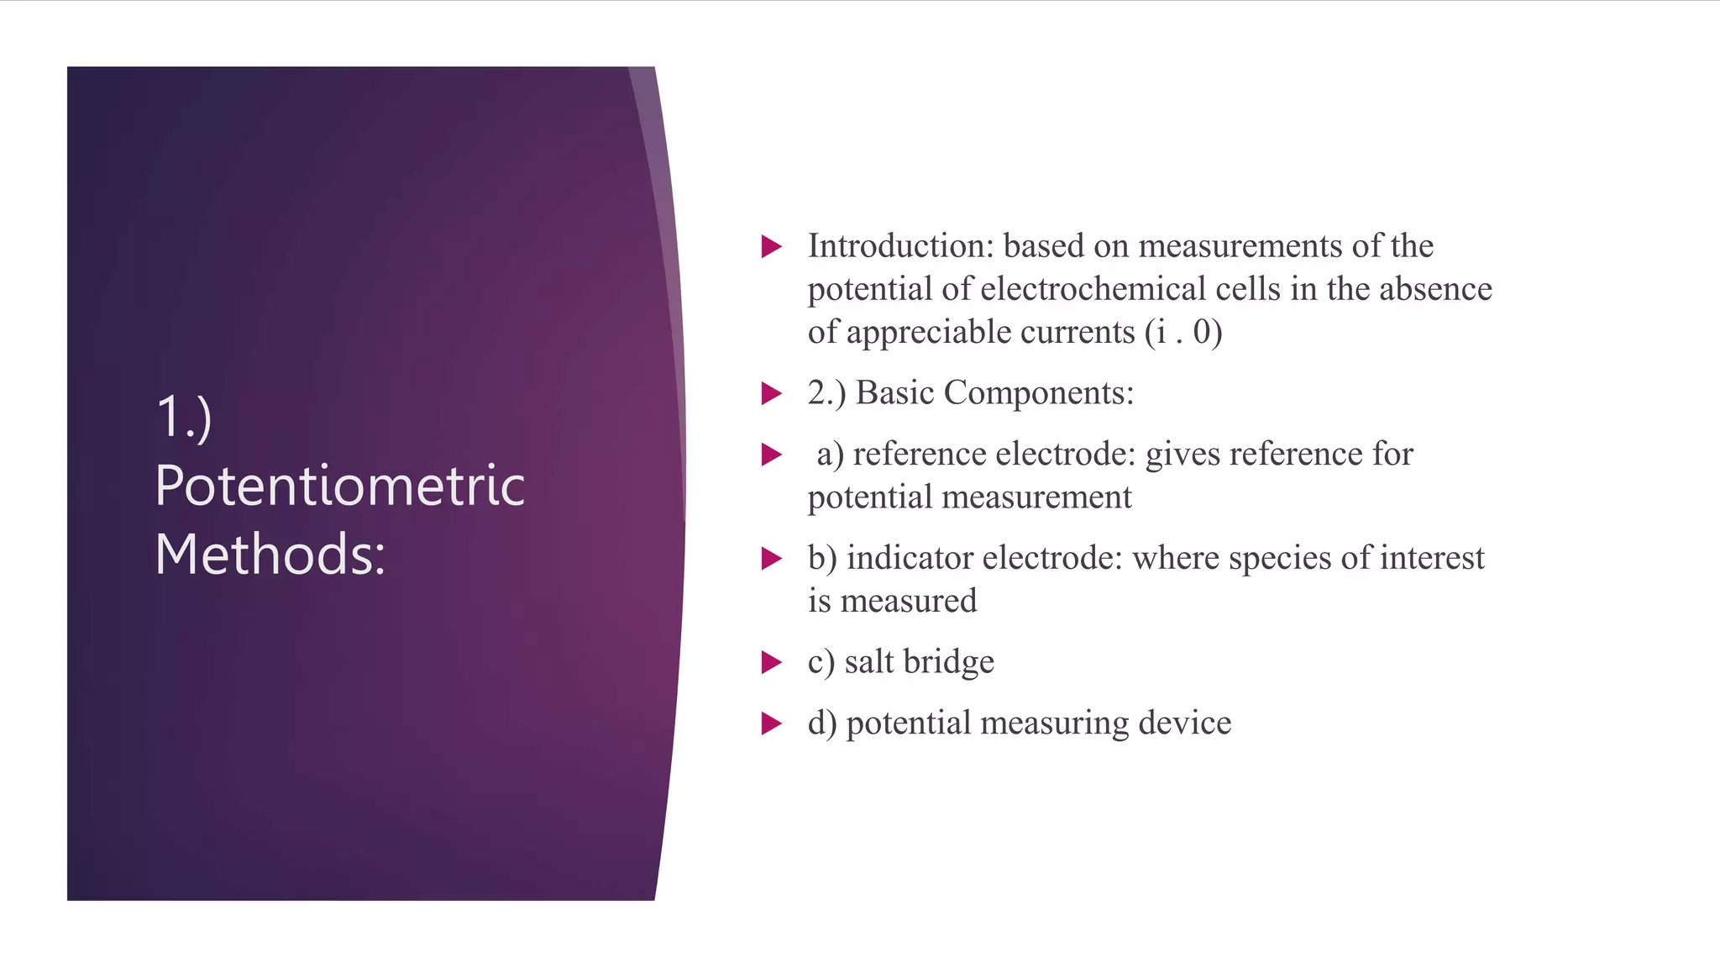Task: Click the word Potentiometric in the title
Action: [339, 487]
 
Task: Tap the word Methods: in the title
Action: [270, 555]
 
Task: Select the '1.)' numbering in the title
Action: [184, 418]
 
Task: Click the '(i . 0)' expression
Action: [1182, 333]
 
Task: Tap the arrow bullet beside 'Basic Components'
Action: [771, 393]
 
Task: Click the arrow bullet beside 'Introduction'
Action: [771, 246]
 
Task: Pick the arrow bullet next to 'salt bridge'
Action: [771, 662]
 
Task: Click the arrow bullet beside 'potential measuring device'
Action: [771, 723]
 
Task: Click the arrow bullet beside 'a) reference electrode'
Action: [771, 455]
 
